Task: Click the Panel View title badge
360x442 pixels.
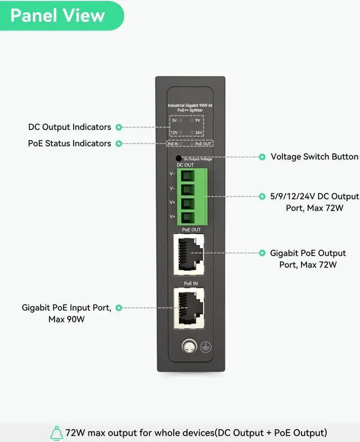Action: tap(58, 15)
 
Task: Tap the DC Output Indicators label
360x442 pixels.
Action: tap(70, 127)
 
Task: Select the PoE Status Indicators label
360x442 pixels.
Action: tap(70, 144)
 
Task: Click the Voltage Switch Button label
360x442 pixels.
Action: tap(314, 157)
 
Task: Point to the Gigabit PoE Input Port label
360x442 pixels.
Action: tap(66, 313)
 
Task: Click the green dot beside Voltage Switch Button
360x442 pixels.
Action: tap(262, 157)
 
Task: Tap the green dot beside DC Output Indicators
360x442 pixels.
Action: tap(119, 127)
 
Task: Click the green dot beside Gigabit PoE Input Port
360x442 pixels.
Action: tap(119, 307)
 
